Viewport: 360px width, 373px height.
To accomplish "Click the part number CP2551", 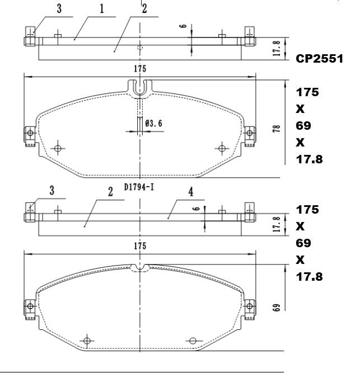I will pos(319,59).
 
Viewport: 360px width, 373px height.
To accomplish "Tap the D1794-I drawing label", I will pos(139,187).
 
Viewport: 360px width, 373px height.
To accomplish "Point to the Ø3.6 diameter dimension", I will pos(153,123).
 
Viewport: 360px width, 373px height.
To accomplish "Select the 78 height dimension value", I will pos(275,128).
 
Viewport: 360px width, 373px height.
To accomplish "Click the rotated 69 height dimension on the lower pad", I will pos(275,308).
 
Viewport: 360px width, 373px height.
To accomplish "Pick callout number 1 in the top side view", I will pos(102,9).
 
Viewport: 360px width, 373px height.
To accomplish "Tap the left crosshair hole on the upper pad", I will pos(58,148).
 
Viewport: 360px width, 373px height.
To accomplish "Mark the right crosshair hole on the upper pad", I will pos(222,148).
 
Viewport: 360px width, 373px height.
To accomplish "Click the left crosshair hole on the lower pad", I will pos(86,341).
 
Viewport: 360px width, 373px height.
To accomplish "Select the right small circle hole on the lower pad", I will pos(193,341).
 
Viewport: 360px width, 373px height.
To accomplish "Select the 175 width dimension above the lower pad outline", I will pos(139,246).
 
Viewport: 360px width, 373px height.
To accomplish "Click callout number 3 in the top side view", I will pos(59,8).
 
